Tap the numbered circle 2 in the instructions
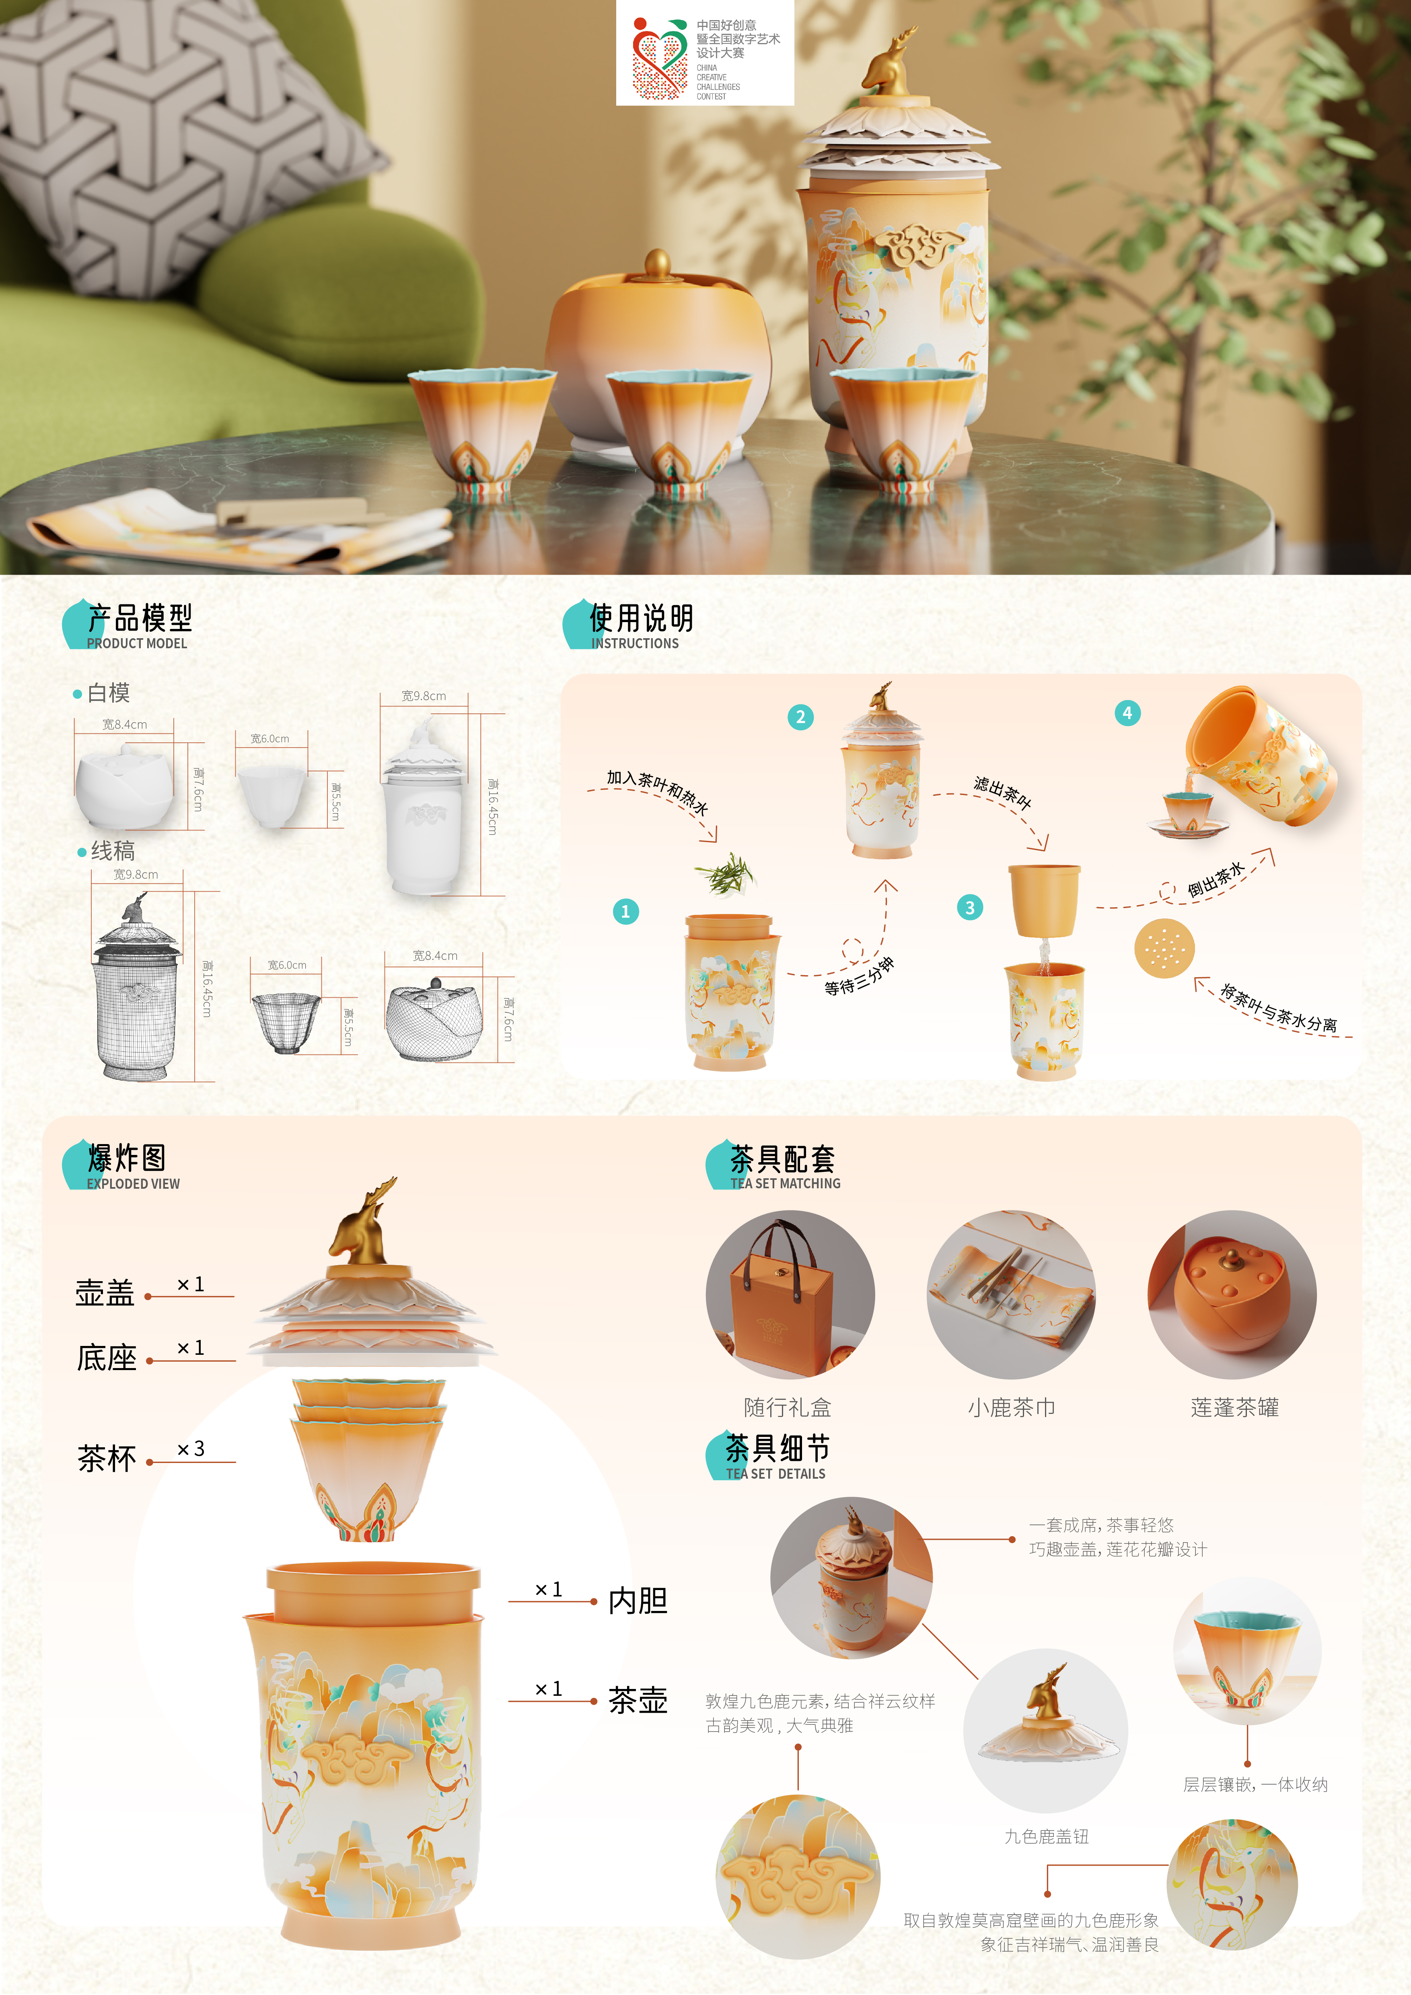(x=800, y=717)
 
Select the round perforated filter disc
(x=1164, y=948)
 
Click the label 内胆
(x=638, y=1601)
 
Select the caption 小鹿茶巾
(x=1011, y=1407)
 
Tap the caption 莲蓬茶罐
(x=1235, y=1407)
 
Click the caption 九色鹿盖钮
(x=1046, y=1836)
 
